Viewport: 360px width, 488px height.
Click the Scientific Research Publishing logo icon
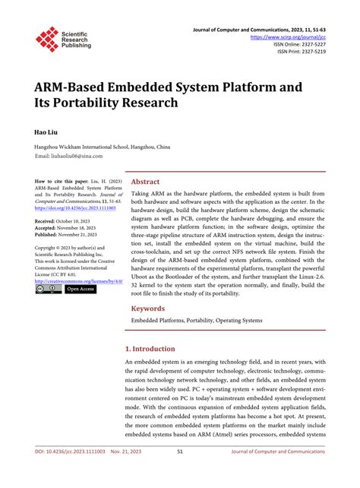click(x=47, y=39)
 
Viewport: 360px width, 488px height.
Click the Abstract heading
click(x=145, y=182)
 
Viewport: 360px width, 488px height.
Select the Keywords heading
click(x=149, y=309)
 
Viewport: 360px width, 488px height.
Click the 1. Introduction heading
click(x=156, y=347)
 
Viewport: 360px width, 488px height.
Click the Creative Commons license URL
click(x=75, y=281)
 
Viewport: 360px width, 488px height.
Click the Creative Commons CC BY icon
click(x=48, y=289)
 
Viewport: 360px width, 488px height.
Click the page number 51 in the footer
click(x=179, y=472)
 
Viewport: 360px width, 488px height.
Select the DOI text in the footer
click(x=65, y=472)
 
